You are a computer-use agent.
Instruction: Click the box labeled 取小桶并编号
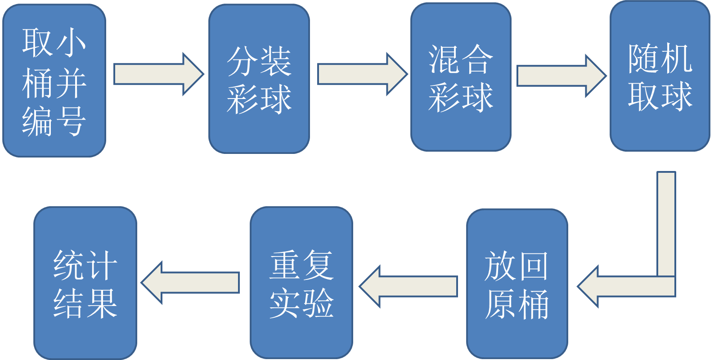click(54, 81)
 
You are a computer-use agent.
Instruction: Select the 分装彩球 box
click(259, 79)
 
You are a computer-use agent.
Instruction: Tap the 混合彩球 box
click(460, 77)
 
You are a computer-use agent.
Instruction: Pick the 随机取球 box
click(660, 76)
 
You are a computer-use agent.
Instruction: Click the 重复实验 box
click(301, 283)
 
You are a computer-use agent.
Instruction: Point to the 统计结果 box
click(85, 283)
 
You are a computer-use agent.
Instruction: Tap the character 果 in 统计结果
click(102, 303)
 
